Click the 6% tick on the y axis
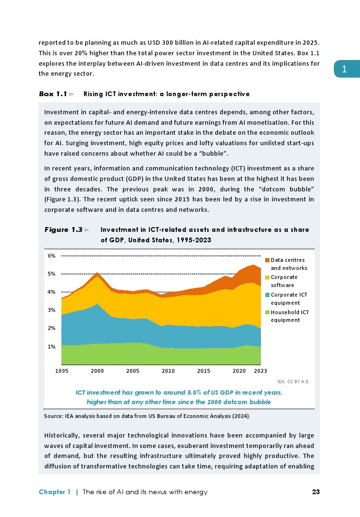(51, 256)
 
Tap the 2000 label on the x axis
(97, 370)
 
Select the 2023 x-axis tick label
(260, 370)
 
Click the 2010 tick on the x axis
(168, 370)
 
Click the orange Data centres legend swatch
(267, 260)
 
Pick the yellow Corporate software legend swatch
(267, 277)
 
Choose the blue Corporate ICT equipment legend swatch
(267, 295)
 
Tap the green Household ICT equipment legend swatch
(267, 312)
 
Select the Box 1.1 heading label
(52, 94)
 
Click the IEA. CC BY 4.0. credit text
(293, 382)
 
